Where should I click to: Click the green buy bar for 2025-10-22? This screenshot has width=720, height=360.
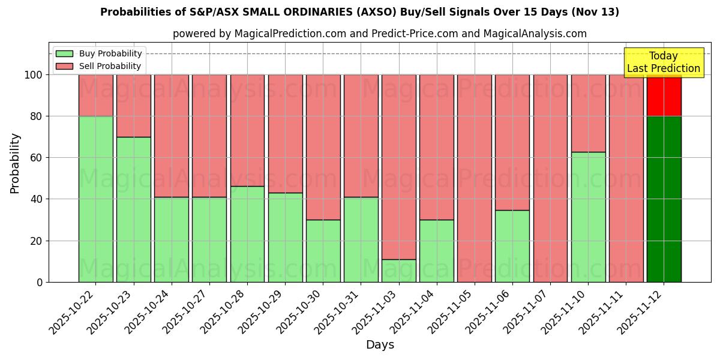click(x=95, y=199)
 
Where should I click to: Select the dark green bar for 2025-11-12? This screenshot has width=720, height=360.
click(x=664, y=199)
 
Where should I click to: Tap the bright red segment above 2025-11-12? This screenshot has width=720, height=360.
click(x=664, y=95)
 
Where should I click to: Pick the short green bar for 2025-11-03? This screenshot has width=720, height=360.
click(x=398, y=271)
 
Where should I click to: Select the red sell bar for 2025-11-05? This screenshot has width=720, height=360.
click(x=474, y=178)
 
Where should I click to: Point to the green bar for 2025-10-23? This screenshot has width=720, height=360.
click(x=133, y=209)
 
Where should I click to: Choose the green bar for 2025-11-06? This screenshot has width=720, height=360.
click(x=512, y=246)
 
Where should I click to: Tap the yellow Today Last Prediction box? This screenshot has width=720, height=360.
click(x=663, y=62)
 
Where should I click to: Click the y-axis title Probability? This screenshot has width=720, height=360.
click(x=16, y=163)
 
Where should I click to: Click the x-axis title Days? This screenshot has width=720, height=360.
click(x=380, y=345)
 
